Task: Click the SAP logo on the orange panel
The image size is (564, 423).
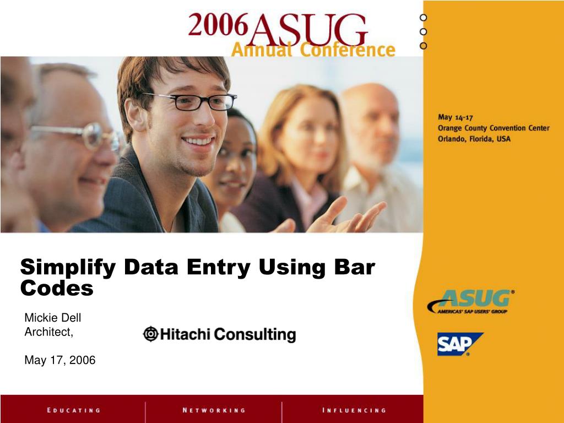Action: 460,344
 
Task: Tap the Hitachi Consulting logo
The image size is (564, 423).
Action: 219,334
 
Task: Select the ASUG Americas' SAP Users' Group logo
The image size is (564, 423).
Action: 471,301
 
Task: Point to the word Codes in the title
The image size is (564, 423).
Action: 57,288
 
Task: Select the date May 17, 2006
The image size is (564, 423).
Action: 59,360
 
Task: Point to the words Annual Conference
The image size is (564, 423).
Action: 313,50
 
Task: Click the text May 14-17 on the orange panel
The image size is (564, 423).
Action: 455,117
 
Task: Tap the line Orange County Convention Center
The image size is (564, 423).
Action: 493,128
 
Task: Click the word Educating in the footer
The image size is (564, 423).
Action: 73,410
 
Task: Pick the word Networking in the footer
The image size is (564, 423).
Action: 214,410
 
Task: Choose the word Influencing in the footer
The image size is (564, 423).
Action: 354,410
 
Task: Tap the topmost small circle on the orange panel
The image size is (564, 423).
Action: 424,18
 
